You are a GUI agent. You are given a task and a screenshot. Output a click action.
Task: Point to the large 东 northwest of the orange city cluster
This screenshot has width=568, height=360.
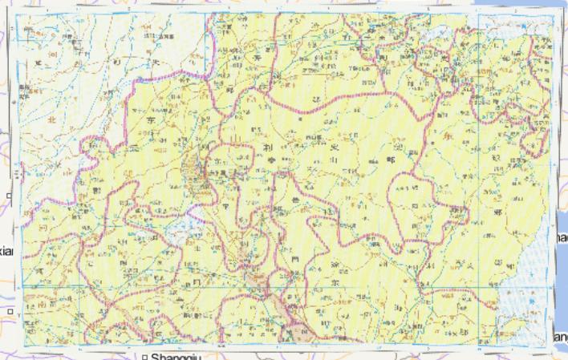151,120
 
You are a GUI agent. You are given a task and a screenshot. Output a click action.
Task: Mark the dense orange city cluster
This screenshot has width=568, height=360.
205,170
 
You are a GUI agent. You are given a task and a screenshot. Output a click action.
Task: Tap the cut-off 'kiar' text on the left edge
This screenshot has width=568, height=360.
7,251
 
